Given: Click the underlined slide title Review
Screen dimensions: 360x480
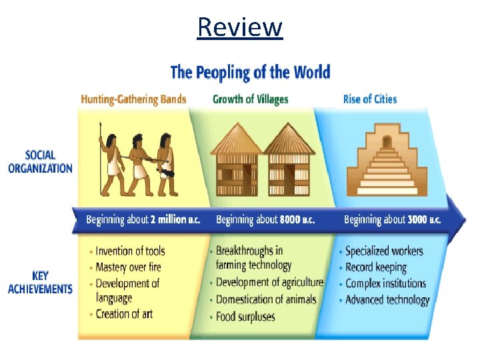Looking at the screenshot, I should pyautogui.click(x=240, y=27).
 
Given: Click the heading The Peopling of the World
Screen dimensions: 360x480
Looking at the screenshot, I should pyautogui.click(x=250, y=71).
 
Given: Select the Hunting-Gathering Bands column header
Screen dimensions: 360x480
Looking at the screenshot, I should pyautogui.click(x=133, y=99).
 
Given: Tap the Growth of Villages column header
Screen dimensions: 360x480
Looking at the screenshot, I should pyautogui.click(x=250, y=99).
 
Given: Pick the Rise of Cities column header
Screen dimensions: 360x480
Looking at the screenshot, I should pyautogui.click(x=369, y=99).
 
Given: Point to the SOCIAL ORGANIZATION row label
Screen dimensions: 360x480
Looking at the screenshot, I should pyautogui.click(x=40, y=162).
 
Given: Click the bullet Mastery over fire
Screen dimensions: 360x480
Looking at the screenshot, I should pyautogui.click(x=128, y=267).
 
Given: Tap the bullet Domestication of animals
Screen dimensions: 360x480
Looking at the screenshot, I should pyautogui.click(x=266, y=299).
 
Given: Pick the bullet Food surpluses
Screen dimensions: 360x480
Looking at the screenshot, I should pyautogui.click(x=245, y=316).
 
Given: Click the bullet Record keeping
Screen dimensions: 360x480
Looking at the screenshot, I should pyautogui.click(x=375, y=267).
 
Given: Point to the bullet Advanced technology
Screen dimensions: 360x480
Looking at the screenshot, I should pyautogui.click(x=387, y=299).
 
